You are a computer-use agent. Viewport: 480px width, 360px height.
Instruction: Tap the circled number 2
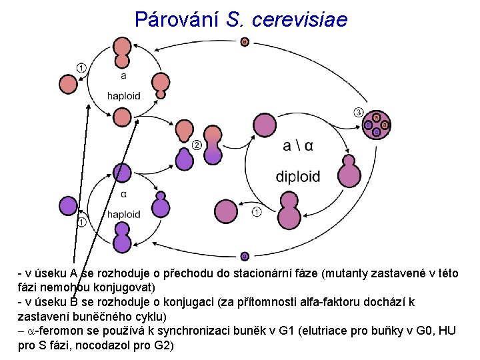point(197,145)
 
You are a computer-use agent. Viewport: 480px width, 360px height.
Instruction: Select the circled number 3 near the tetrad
point(359,111)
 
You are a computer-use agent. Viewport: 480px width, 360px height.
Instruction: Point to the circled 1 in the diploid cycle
point(257,213)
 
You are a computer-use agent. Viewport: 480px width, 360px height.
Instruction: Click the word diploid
point(298,177)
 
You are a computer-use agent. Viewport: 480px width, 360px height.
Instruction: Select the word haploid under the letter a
point(123,95)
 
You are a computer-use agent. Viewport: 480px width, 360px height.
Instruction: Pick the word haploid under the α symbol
point(123,214)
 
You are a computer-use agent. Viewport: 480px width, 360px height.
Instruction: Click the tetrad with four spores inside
point(376,125)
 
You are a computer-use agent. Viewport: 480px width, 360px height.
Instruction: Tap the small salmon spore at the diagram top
point(245,42)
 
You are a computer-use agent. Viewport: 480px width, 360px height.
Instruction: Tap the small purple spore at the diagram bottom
point(245,255)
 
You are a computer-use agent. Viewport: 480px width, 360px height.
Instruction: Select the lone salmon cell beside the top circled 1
point(69,84)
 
